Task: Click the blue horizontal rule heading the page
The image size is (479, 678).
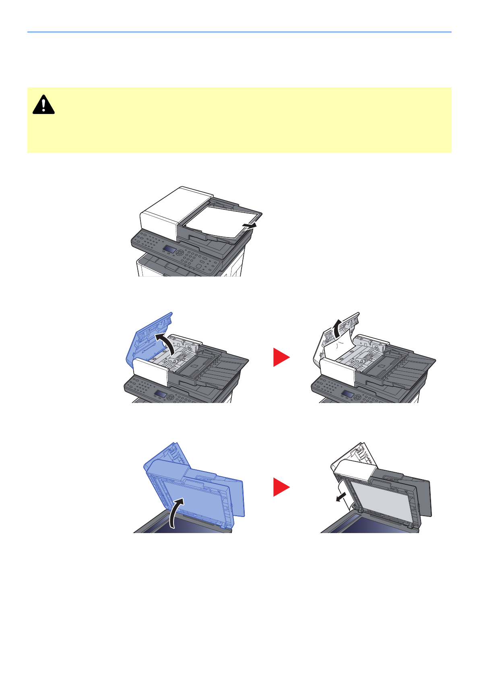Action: pyautogui.click(x=239, y=32)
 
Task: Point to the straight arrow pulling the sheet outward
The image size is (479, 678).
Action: pyautogui.click(x=249, y=226)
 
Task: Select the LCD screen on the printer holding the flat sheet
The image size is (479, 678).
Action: pyautogui.click(x=169, y=250)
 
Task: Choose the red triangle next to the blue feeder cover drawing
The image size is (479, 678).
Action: pyautogui.click(x=281, y=358)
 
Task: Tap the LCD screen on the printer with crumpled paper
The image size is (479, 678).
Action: pyautogui.click(x=348, y=394)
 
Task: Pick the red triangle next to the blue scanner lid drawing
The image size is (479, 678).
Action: pyautogui.click(x=281, y=487)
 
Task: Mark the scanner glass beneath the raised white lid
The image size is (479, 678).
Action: pyautogui.click(x=362, y=525)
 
